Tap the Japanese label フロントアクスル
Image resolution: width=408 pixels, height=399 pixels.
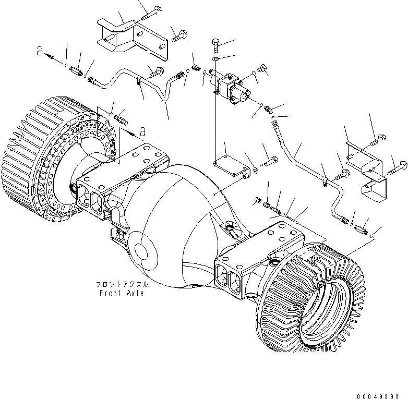122,285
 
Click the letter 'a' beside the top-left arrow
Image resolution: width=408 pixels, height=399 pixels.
39,51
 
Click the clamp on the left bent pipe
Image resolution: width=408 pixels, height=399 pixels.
139,80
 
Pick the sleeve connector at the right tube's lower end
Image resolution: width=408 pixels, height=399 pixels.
359,228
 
